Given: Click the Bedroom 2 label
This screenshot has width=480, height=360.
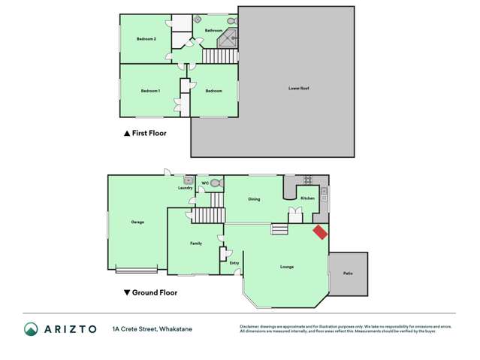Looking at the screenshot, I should click(x=146, y=39).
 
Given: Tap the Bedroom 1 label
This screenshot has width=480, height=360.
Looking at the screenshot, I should click(x=150, y=91).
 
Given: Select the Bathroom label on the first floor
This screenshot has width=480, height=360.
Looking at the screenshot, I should click(x=213, y=31).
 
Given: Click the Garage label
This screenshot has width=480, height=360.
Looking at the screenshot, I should click(x=137, y=222).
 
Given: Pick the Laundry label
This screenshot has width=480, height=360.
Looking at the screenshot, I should click(x=186, y=188).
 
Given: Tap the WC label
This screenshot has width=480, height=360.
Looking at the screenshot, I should click(x=204, y=183).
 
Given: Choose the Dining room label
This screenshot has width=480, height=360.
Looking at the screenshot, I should click(x=255, y=199).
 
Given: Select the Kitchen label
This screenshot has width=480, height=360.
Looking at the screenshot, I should click(x=307, y=198).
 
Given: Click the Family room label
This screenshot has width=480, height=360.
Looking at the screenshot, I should click(x=195, y=244).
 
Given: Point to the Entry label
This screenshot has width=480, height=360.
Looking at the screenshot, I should click(x=234, y=262).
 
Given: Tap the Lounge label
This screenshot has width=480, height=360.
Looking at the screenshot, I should click(x=287, y=267).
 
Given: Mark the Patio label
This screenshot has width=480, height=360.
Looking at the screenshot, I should click(x=348, y=273).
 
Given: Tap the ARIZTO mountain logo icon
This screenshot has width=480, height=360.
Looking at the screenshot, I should click(x=31, y=329).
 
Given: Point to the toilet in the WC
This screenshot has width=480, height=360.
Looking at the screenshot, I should click(x=216, y=183).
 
